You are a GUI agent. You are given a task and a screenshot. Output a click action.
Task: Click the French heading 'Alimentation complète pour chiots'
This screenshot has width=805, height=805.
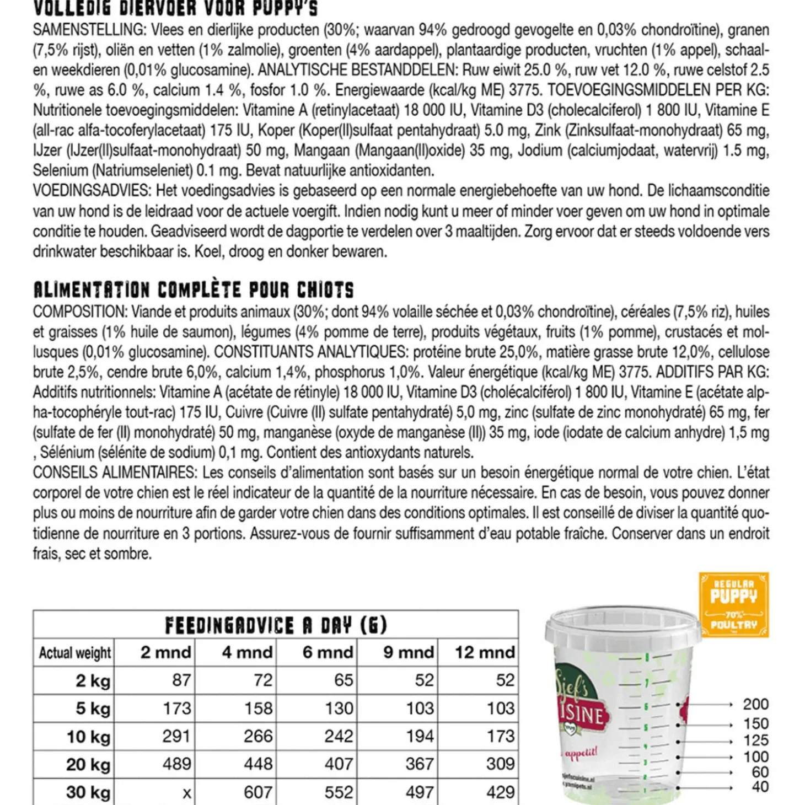coord(194,290)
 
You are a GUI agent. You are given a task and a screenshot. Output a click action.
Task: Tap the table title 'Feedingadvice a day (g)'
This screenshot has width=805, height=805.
coord(276,625)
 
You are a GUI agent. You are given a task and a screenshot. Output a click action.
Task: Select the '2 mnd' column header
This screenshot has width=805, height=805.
coord(165,653)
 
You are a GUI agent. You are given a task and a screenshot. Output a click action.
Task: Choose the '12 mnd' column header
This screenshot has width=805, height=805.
coord(484,653)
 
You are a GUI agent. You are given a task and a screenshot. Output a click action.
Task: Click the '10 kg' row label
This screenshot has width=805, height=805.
coord(89,737)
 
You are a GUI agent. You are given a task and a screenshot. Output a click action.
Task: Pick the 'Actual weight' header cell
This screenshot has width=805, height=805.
coord(74,653)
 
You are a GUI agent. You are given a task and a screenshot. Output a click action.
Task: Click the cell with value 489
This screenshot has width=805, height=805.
coord(176,764)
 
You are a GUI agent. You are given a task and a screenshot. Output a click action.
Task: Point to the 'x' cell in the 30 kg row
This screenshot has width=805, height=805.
coord(187,793)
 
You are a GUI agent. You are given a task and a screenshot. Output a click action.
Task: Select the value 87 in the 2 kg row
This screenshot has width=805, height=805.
coord(181,680)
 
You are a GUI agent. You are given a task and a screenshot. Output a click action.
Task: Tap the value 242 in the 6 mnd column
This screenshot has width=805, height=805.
coord(338,737)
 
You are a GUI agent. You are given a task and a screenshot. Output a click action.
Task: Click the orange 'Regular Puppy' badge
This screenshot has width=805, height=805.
coord(733,604)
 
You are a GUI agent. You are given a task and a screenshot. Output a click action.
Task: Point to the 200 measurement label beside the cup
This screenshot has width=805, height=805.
coord(755,705)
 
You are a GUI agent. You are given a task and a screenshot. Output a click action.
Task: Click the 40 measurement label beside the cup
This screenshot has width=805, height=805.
coord(760,787)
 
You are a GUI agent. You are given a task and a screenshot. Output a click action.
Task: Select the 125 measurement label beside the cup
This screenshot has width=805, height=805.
coord(755,740)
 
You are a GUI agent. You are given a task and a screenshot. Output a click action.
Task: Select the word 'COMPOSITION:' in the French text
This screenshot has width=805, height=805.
coord(80,312)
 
